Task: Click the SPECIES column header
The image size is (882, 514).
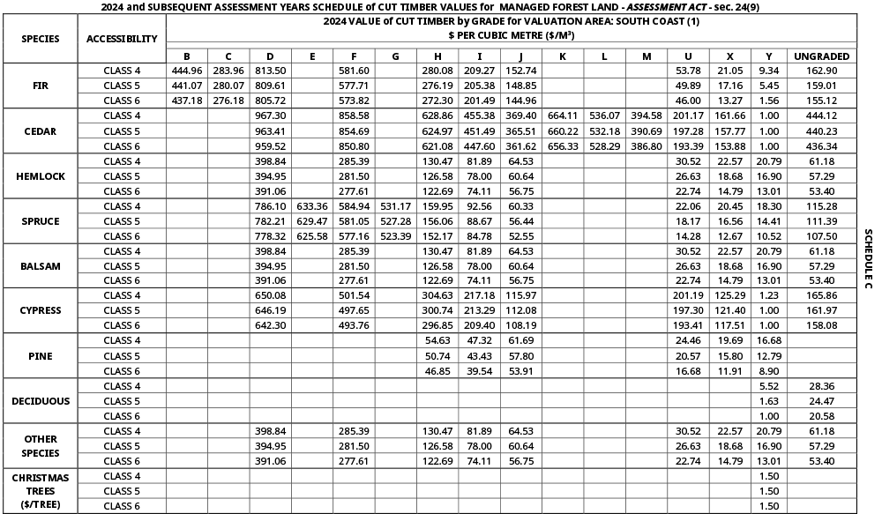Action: (40, 39)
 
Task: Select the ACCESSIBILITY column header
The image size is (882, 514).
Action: (122, 39)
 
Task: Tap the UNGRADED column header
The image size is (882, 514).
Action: (821, 56)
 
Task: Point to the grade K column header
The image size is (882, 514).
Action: (563, 56)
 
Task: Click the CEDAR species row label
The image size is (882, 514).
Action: (40, 130)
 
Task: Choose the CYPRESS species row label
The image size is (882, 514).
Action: (40, 310)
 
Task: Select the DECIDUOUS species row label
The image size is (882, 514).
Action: (40, 401)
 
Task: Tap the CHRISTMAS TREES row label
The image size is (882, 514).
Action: (40, 491)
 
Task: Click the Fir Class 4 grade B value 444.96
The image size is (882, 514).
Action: (187, 70)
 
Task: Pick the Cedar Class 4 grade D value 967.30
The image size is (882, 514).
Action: (270, 115)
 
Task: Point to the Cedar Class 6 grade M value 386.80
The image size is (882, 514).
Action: (647, 145)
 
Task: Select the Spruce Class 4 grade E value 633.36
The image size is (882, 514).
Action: (312, 206)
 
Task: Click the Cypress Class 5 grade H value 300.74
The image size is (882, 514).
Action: (437, 310)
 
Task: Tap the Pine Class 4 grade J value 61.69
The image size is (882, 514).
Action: (520, 340)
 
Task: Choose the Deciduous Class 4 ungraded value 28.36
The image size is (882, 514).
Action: (821, 386)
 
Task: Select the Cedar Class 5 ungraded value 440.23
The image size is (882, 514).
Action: (821, 130)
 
